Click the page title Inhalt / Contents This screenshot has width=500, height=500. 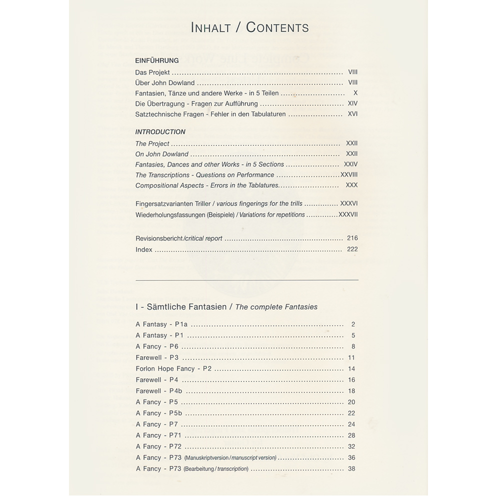tap(249, 27)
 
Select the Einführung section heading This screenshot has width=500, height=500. tap(156, 60)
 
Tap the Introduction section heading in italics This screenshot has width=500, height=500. tap(160, 132)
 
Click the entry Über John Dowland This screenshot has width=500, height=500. tap(165, 83)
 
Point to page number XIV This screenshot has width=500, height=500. tap(352, 103)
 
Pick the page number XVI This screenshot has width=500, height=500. tap(352, 114)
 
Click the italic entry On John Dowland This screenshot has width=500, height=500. tap(162, 154)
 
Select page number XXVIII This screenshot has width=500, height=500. tap(349, 175)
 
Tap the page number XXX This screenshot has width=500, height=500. tap(351, 185)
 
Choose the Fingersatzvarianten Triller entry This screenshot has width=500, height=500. tap(175, 204)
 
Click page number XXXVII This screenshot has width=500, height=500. tap(348, 214)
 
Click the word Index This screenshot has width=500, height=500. tap(144, 249)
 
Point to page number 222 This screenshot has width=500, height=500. tap(352, 249)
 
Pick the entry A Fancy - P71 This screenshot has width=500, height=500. tap(158, 435)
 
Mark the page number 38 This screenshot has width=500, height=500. tap(351, 468)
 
